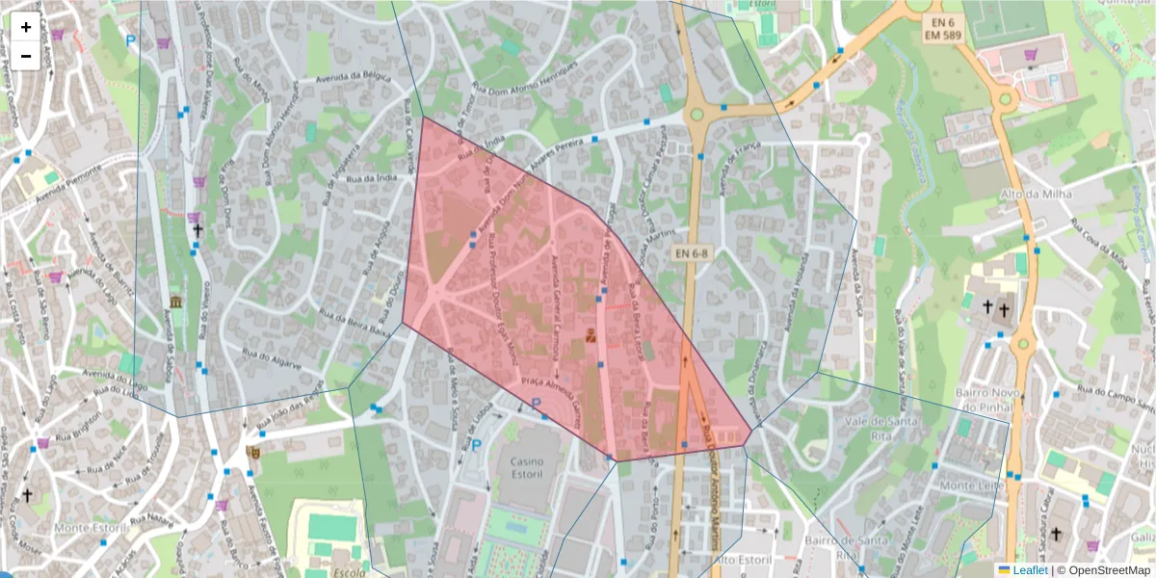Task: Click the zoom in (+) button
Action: click(26, 28)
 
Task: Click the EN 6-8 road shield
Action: click(692, 253)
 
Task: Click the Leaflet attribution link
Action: click(1027, 570)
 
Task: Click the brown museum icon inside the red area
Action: click(591, 335)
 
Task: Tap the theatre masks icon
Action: click(253, 451)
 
